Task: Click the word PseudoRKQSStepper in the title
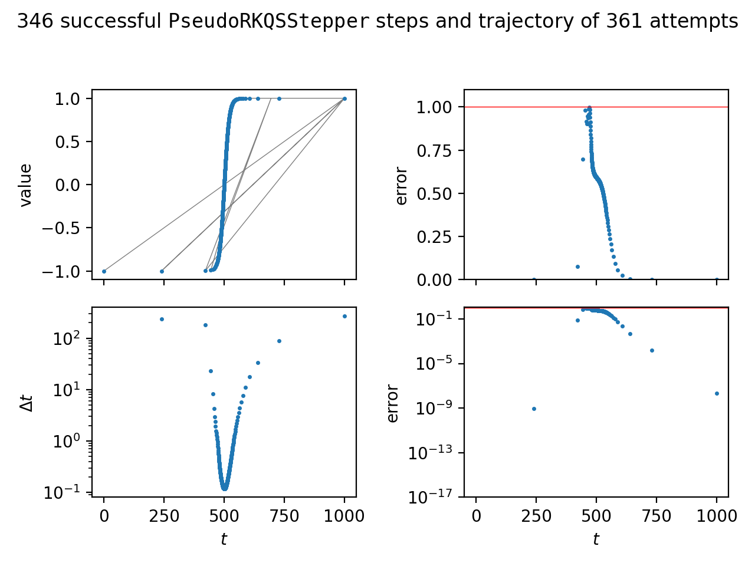point(269,22)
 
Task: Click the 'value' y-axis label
point(25,185)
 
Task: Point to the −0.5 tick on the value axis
point(65,228)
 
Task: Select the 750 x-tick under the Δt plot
point(284,516)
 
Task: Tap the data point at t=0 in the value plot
point(104,271)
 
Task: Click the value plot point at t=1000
point(344,98)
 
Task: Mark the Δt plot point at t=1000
point(344,316)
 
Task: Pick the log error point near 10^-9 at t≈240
point(534,409)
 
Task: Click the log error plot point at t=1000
point(717,393)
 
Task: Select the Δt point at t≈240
point(162,319)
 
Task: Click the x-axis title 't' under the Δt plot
point(224,539)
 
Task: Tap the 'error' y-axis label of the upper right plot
point(402,185)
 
